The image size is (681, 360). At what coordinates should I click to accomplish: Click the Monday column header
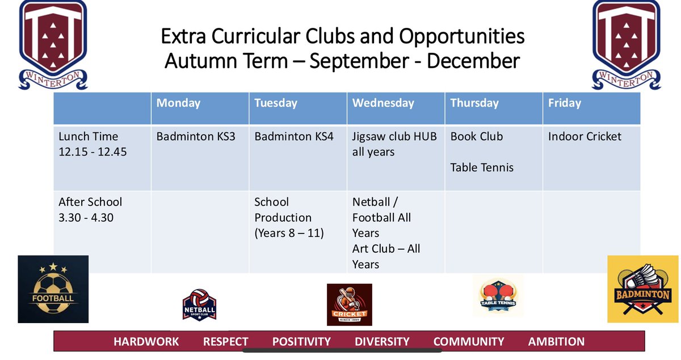[x=178, y=103]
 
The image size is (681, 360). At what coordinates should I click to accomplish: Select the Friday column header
[x=564, y=103]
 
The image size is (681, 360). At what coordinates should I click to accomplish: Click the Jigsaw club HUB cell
[x=394, y=144]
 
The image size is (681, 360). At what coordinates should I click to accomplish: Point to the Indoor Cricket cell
[x=585, y=137]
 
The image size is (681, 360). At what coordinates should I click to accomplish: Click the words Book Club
[x=476, y=137]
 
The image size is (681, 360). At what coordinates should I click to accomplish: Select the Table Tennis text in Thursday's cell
[x=482, y=167]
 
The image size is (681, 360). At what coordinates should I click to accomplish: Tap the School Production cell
[x=289, y=217]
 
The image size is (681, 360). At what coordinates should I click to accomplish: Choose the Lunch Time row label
[x=89, y=144]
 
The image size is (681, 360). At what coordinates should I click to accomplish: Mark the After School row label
[x=90, y=210]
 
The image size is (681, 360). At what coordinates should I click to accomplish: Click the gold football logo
[x=53, y=289]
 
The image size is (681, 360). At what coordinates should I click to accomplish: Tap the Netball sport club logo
[x=199, y=305]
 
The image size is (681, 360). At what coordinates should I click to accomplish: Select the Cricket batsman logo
[x=349, y=304]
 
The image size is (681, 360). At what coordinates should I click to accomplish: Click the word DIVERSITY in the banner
[x=382, y=342]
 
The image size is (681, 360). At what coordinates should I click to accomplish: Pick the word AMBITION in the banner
[x=556, y=342]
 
